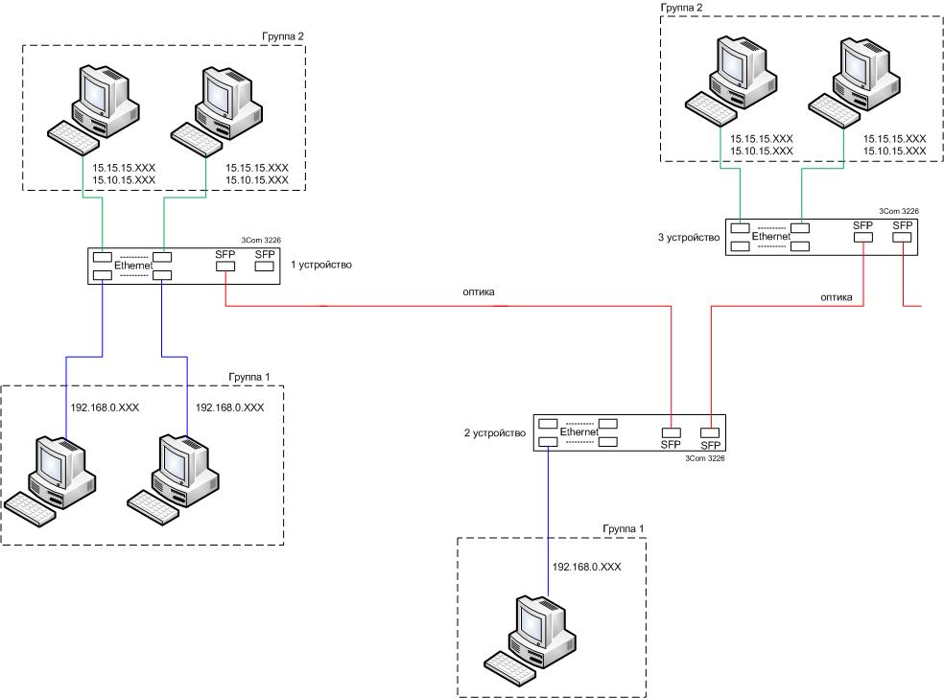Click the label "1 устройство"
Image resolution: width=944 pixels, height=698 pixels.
(320, 265)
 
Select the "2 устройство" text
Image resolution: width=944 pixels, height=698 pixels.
(495, 433)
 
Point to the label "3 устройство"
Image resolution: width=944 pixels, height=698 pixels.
(689, 238)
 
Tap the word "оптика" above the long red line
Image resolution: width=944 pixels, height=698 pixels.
(479, 292)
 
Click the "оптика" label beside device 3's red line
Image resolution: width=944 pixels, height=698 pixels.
(837, 297)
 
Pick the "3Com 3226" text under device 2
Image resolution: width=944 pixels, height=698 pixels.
(705, 458)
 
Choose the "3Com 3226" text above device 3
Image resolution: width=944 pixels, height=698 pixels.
(899, 211)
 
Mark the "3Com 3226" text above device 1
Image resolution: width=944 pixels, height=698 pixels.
(261, 240)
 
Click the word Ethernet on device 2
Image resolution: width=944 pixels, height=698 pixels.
(579, 432)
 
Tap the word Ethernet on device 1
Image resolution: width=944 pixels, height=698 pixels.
(133, 266)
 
